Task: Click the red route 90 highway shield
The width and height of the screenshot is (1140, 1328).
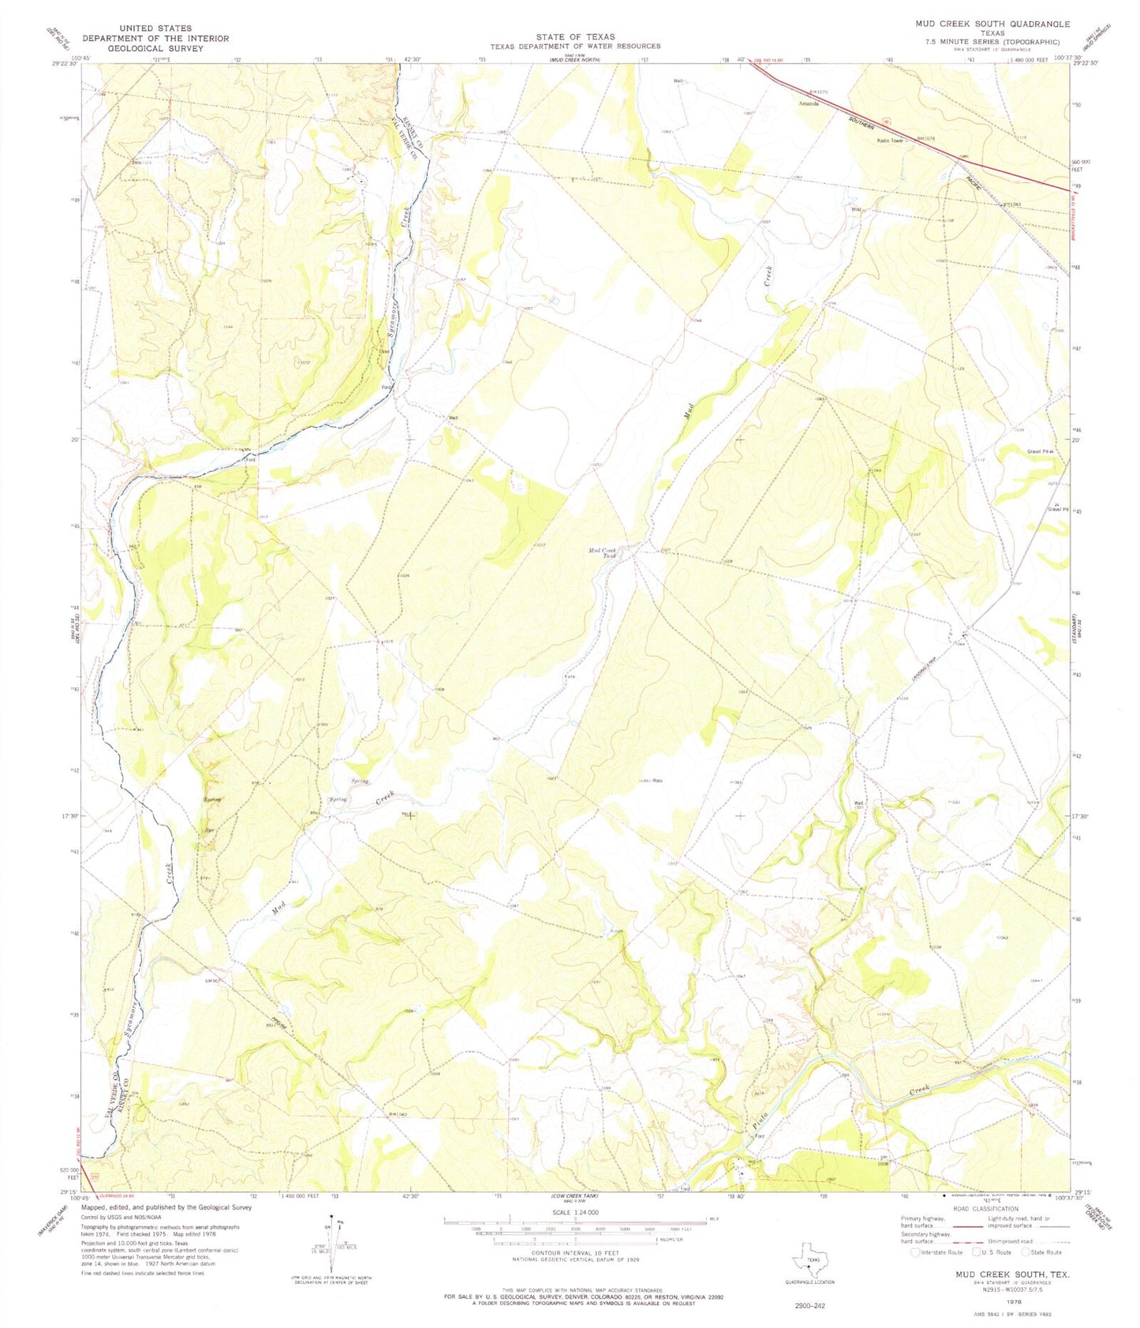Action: point(886,122)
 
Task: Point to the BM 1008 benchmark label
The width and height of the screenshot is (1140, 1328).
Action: point(884,1160)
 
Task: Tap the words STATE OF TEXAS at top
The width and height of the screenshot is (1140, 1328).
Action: point(574,36)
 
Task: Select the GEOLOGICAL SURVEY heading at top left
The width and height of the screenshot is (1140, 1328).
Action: point(156,48)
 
